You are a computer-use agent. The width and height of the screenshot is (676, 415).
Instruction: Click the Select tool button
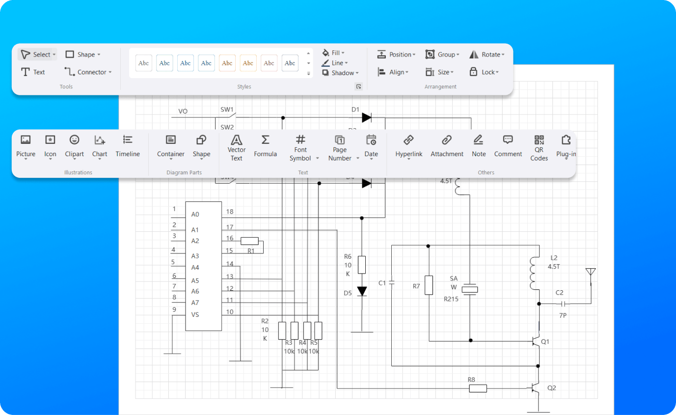pos(37,55)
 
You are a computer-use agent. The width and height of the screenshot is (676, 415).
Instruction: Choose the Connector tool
pos(88,72)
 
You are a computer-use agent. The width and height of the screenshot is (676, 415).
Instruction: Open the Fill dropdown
pos(333,53)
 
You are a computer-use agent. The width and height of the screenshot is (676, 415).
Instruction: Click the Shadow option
pos(340,73)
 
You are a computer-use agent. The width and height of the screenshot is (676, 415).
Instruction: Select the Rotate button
pos(487,55)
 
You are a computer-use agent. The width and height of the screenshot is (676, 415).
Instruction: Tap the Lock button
pos(484,72)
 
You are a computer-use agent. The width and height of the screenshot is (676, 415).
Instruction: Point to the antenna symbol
pos(591,273)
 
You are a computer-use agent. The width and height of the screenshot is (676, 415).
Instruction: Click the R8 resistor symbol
pos(478,388)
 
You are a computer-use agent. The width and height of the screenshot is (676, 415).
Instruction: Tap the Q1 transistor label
pos(545,342)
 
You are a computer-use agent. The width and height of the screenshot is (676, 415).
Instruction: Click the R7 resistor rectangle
pos(429,285)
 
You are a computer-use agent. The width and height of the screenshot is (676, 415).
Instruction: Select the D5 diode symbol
pos(362,291)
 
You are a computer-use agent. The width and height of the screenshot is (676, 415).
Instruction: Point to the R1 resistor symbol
pos(249,241)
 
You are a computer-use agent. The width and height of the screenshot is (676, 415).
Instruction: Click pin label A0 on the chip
pos(195,214)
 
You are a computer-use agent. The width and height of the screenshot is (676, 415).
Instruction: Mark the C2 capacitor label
pos(559,293)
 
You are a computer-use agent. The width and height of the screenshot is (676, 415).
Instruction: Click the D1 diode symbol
pos(366,117)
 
